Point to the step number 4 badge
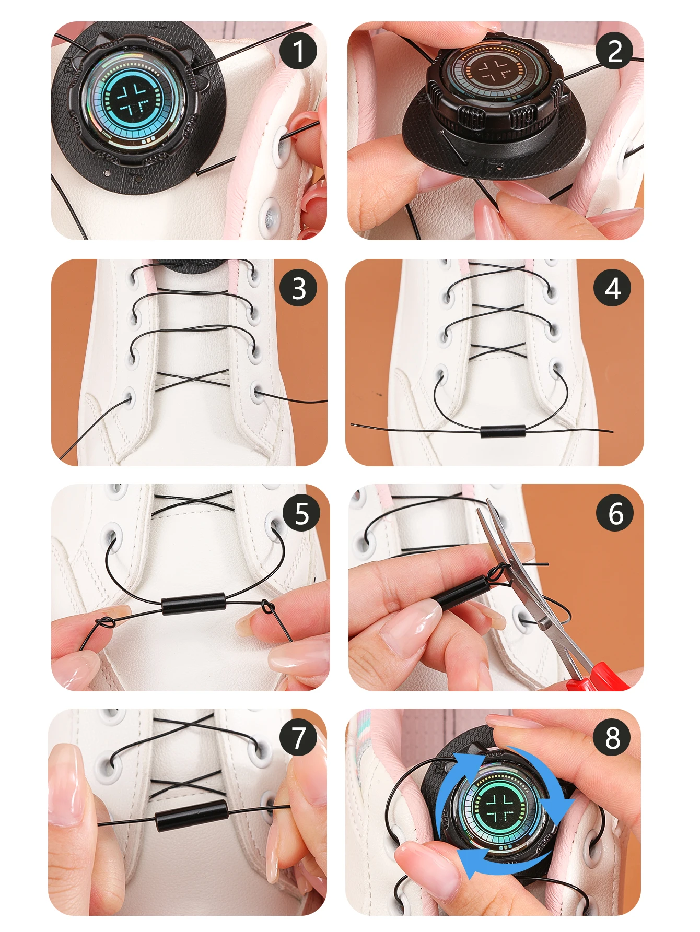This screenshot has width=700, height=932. [612, 288]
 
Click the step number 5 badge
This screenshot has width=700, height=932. [301, 513]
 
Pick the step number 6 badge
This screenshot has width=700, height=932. [615, 513]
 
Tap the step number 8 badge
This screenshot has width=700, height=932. [612, 737]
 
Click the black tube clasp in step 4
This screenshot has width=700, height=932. [503, 432]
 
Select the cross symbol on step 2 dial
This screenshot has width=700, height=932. [494, 70]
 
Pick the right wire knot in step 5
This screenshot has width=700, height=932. [268, 607]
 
